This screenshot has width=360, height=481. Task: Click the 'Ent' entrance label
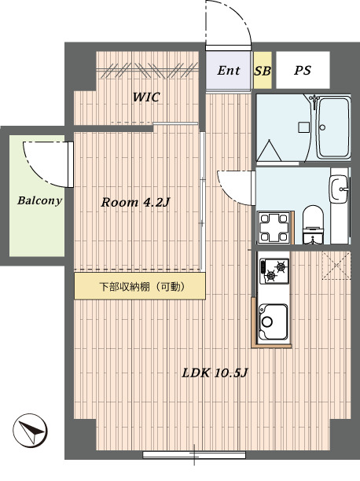[229, 71]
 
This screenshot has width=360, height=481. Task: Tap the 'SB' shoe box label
[263, 71]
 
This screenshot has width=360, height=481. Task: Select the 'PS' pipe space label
[303, 71]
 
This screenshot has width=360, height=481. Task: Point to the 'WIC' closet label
[145, 97]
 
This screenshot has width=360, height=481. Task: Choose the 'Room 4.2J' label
[136, 202]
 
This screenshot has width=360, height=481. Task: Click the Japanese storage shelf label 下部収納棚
[141, 287]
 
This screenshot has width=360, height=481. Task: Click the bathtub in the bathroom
[332, 129]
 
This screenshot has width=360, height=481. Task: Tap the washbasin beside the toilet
[340, 189]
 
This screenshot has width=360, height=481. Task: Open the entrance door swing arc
[231, 24]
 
